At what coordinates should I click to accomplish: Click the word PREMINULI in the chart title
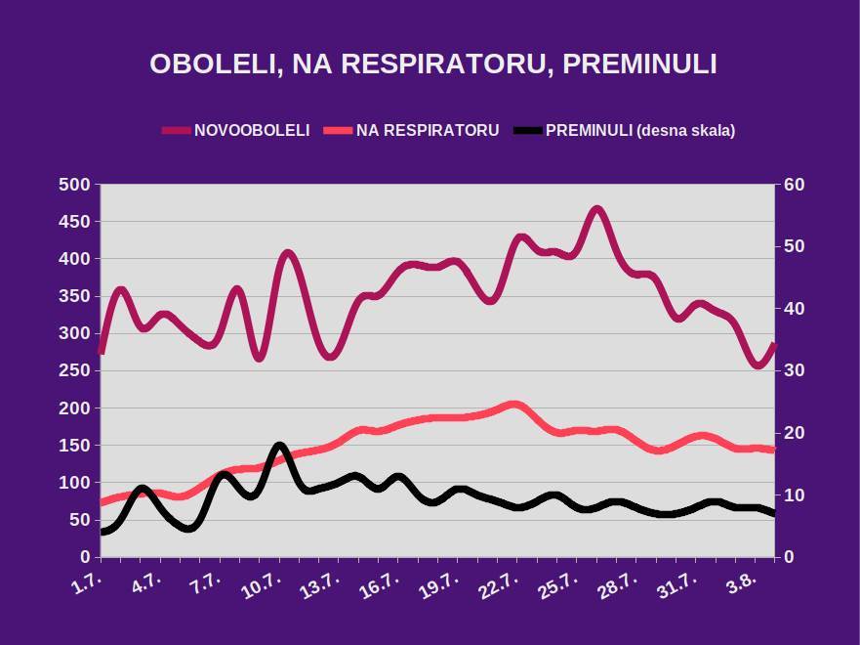pyautogui.click(x=640, y=64)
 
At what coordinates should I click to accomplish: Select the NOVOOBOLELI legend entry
pyautogui.click(x=252, y=130)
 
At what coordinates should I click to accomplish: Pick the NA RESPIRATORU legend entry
pyautogui.click(x=428, y=130)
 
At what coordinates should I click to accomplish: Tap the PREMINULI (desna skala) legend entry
pyautogui.click(x=639, y=130)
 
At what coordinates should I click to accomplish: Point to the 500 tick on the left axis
pyautogui.click(x=74, y=185)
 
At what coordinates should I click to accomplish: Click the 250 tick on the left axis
pyautogui.click(x=74, y=370)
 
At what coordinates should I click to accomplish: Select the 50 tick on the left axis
pyautogui.click(x=78, y=520)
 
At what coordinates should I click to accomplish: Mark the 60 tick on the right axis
pyautogui.click(x=792, y=185)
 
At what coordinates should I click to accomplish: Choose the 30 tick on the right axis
pyautogui.click(x=792, y=370)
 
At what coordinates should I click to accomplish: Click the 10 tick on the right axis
pyautogui.click(x=792, y=494)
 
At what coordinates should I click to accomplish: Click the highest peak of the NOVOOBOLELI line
pyautogui.click(x=597, y=209)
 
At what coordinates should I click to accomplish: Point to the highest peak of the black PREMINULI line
pyautogui.click(x=280, y=447)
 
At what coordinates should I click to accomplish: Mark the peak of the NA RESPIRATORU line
pyautogui.click(x=514, y=405)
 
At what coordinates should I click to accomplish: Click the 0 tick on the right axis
pyautogui.click(x=787, y=557)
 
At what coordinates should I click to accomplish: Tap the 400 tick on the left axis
pyautogui.click(x=74, y=259)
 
